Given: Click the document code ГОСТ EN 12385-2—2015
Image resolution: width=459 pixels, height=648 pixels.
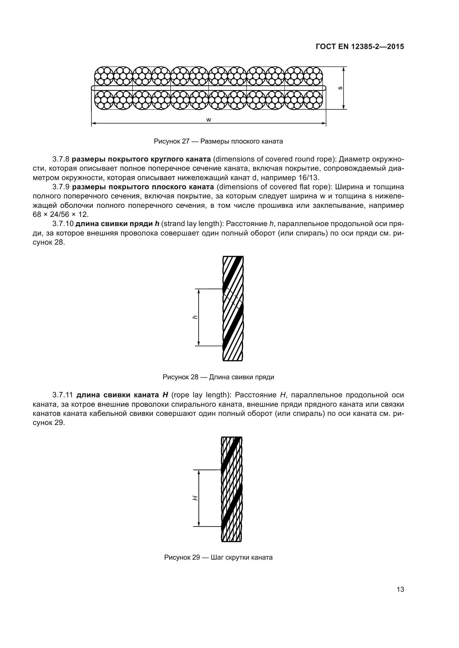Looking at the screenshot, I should point(360,47).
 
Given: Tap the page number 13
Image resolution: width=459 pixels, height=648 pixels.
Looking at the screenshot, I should point(400,590).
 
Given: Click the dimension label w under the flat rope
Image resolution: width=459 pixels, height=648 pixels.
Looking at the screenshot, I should point(209,120).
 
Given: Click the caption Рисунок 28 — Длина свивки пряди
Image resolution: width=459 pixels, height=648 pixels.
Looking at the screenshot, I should point(218,377).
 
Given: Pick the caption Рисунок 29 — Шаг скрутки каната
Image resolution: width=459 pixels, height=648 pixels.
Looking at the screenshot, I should point(218,557).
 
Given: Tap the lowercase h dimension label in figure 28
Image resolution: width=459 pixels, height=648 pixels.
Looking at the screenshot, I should point(195,317).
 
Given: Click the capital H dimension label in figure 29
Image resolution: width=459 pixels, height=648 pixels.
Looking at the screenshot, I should point(195,498).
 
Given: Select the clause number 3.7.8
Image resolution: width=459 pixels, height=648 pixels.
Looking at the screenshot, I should point(61,160).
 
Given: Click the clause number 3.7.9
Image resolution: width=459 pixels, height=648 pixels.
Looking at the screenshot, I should point(61,187).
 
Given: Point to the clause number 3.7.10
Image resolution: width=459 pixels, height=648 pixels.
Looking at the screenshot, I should point(63,224).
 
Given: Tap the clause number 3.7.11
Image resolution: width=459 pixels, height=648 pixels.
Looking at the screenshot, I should point(63,395).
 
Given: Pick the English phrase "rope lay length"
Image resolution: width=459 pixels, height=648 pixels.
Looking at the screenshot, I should point(200,395).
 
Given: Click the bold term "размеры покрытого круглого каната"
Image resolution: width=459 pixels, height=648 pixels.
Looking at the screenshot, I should point(141,160).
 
